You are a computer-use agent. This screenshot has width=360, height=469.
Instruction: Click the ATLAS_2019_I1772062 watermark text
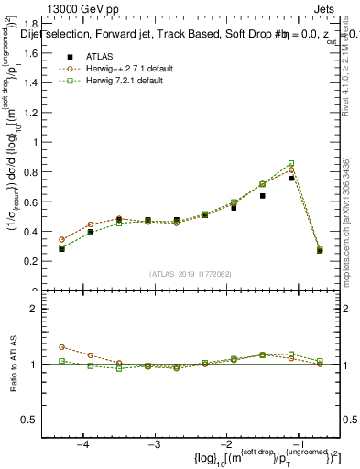coord(190,274)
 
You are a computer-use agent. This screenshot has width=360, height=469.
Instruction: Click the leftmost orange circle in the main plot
coord(62,239)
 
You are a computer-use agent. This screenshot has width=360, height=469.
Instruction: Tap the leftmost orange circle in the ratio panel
coord(62,347)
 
